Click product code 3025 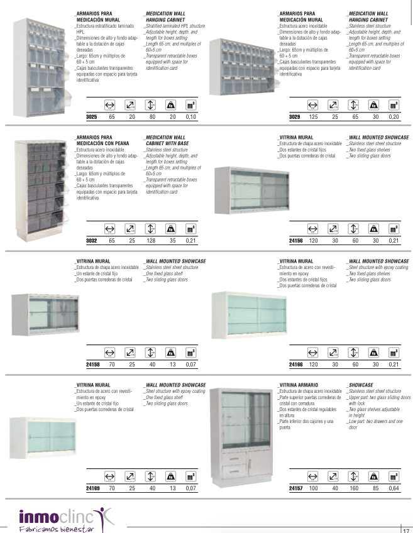91,117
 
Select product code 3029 294,117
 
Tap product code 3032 91,240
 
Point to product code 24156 295,240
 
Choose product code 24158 92,364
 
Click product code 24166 295,364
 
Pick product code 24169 92,487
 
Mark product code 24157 295,487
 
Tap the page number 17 405,529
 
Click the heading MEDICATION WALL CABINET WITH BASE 165,140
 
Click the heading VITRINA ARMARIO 298,385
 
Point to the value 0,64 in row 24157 394,487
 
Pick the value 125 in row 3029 313,117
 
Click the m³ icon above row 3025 191,106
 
